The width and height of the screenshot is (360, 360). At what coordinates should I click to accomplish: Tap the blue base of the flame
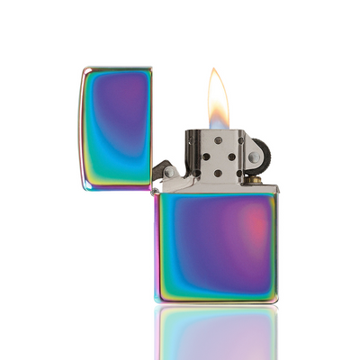[x=217, y=124]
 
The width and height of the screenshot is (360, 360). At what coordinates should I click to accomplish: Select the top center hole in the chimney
[x=217, y=143]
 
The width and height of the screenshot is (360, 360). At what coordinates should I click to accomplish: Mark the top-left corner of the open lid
[x=82, y=70]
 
